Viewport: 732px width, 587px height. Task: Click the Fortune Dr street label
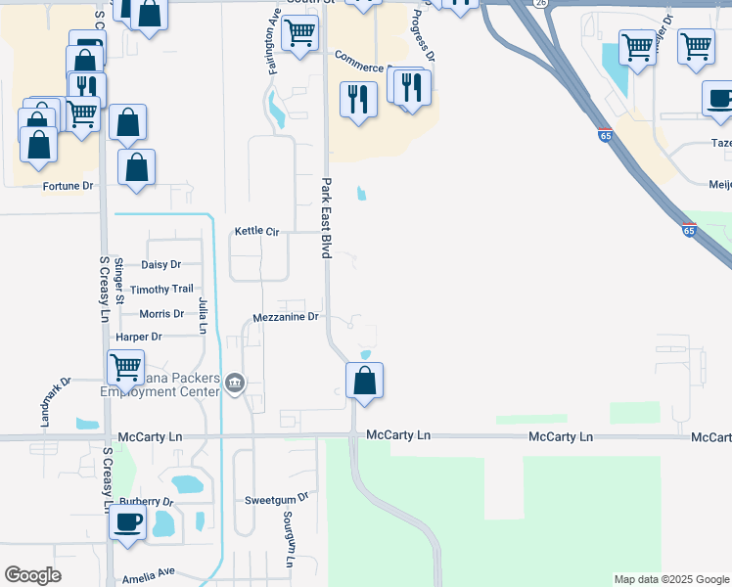point(68,186)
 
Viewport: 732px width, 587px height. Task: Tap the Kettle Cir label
point(256,231)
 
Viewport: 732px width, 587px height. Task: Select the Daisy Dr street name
point(161,265)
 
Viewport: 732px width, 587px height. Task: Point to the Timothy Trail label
point(162,290)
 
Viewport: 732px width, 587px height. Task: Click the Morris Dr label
point(161,314)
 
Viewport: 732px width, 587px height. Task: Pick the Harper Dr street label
point(138,337)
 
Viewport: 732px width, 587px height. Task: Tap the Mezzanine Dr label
point(286,317)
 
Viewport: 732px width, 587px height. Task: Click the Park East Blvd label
point(326,218)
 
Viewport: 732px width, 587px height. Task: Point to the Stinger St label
point(118,278)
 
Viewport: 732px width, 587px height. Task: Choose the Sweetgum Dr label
point(276,498)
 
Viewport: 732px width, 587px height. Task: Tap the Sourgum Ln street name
point(289,538)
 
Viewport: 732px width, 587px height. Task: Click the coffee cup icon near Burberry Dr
point(127,520)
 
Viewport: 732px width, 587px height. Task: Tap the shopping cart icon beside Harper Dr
point(126,368)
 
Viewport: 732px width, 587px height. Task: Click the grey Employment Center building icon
point(234,383)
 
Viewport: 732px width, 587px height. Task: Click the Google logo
point(33,575)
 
